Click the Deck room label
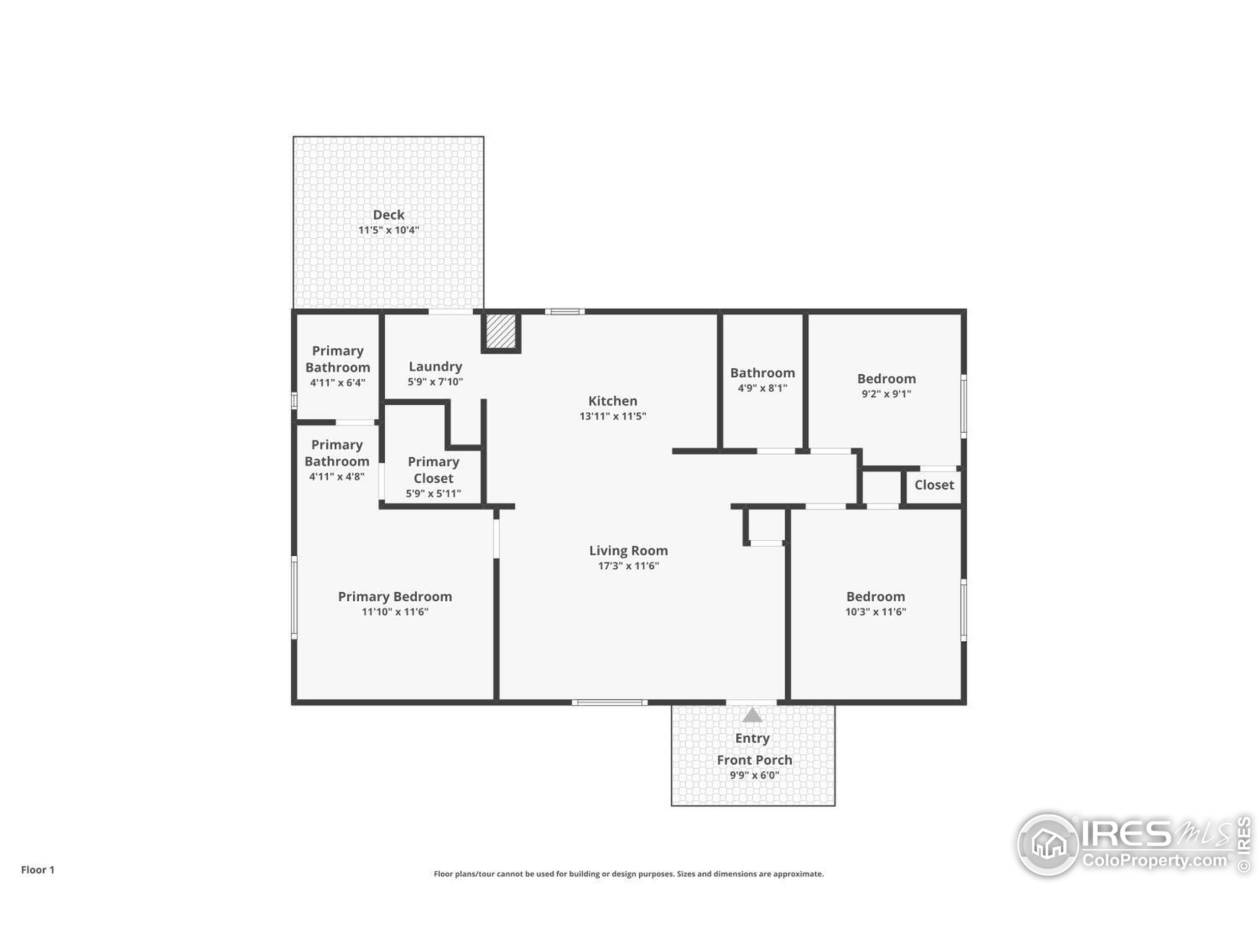pos(388,215)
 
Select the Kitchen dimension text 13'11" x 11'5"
pos(612,416)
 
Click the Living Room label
pos(628,550)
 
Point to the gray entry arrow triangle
pos(752,715)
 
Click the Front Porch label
pos(754,760)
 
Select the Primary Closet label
pos(433,470)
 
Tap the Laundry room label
pos(435,366)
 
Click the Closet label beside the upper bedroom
pos(934,485)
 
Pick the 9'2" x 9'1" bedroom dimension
pos(886,394)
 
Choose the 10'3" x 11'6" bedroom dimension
pos(875,611)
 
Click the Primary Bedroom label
pos(395,596)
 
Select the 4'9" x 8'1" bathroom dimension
pos(762,388)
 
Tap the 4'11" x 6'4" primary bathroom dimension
pos(337,383)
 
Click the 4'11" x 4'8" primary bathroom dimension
pos(337,476)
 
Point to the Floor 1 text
pos(37,870)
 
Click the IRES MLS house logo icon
pos(1047,844)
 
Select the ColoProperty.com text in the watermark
pos(1154,860)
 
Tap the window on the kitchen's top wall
pos(565,311)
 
